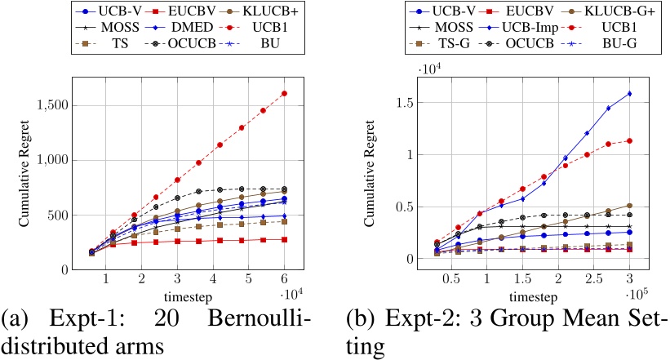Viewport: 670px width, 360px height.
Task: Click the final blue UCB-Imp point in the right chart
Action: pyautogui.click(x=629, y=93)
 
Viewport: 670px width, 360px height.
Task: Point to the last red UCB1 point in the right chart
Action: pyautogui.click(x=629, y=140)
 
